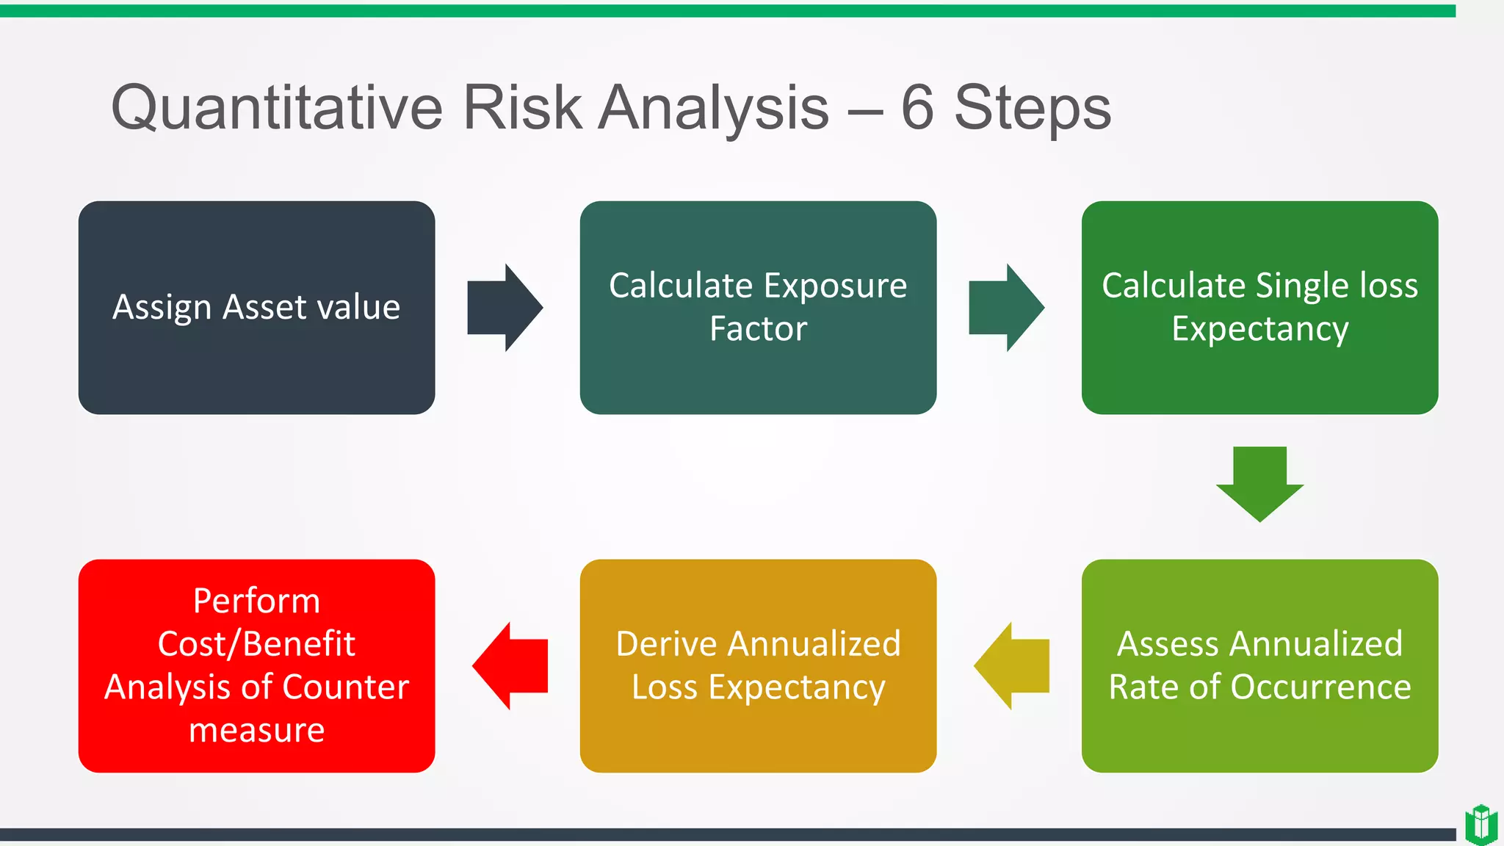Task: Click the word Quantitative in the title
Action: pyautogui.click(x=277, y=108)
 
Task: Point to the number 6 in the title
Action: pyautogui.click(x=917, y=108)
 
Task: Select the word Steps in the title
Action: pyautogui.click(x=1033, y=108)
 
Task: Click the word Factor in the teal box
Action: pyautogui.click(x=758, y=328)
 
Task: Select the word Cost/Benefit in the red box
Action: pyautogui.click(x=256, y=644)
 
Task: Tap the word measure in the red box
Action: pyautogui.click(x=256, y=730)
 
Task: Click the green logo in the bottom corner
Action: pyautogui.click(x=1480, y=824)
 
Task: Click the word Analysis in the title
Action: pyautogui.click(x=713, y=108)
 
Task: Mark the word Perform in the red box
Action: pyautogui.click(x=256, y=601)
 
